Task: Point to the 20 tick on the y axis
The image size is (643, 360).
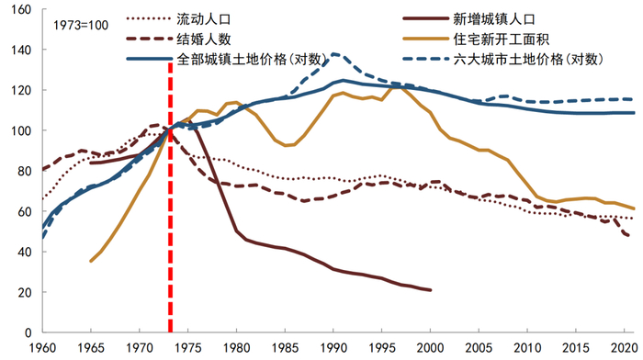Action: (27, 292)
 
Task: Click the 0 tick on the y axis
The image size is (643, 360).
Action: (30, 332)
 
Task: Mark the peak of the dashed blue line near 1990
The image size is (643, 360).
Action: (334, 54)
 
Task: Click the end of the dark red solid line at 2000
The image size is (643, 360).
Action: (430, 290)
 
